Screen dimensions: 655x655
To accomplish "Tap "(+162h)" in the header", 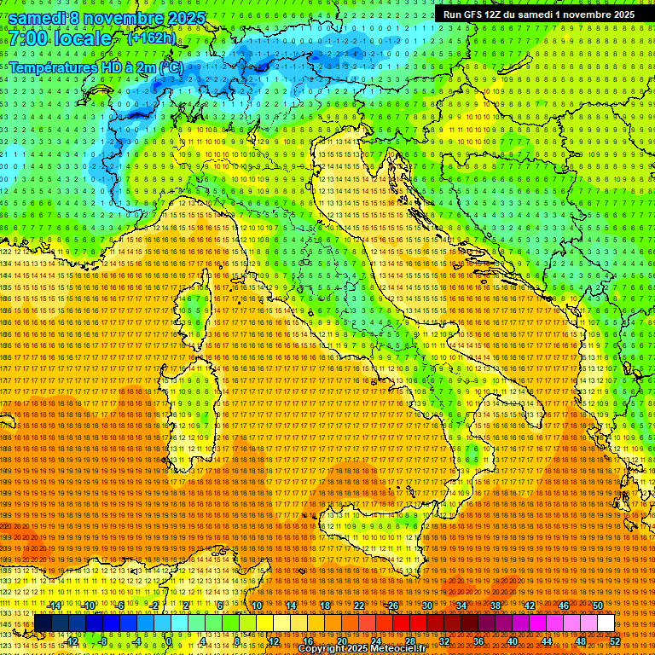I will coord(151,38).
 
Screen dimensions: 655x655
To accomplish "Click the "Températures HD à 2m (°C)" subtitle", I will coord(96,67).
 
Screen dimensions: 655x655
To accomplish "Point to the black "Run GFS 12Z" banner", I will coord(536,14).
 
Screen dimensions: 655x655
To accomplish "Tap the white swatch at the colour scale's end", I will coord(606,623).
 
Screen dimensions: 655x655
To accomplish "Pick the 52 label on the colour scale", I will coord(615,641).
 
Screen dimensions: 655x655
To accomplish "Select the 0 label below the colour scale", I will coord(169,641).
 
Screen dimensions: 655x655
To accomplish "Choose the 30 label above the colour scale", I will coord(427,606).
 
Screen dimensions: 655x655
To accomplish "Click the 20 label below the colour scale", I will coord(341,641).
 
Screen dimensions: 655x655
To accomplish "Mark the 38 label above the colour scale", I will coord(496,606).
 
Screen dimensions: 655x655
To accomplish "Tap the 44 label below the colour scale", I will coord(547,641).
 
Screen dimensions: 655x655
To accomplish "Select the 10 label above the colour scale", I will coord(256,606).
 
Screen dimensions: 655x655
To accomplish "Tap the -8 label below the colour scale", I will coord(102,641).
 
